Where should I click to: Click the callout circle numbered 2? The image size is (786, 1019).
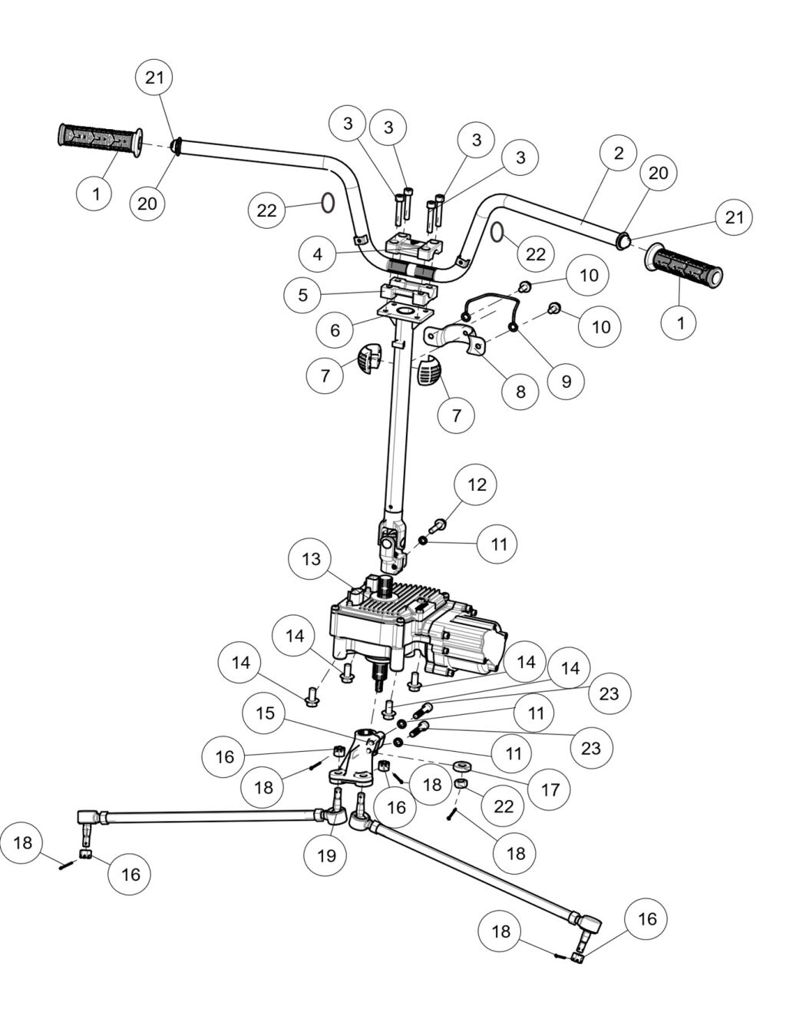(619, 151)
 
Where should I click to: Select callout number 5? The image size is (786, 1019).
(303, 294)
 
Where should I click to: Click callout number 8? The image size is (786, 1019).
(521, 391)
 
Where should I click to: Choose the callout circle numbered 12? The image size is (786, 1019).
(477, 485)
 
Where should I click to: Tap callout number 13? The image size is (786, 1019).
(311, 558)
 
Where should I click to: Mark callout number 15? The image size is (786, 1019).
(265, 713)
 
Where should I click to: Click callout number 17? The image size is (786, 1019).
(550, 789)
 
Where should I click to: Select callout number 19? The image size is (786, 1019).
(327, 855)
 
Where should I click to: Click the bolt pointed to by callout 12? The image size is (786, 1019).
(438, 527)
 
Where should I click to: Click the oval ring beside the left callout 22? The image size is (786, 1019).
(327, 203)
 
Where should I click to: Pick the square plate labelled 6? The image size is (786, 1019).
(401, 313)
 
